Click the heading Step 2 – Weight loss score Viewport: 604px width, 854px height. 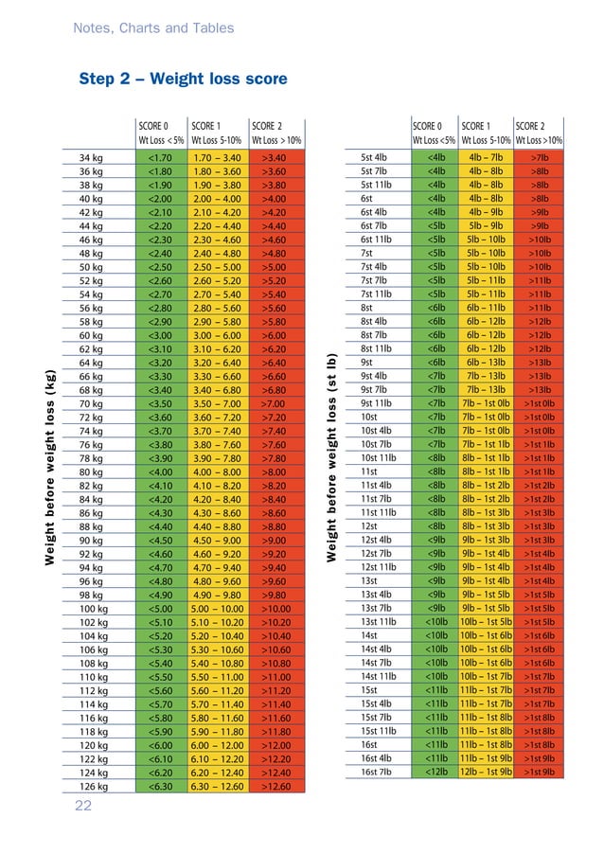point(183,80)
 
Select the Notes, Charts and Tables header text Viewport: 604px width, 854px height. point(153,27)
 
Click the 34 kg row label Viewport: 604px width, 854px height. point(91,157)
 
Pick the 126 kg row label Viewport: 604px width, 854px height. point(94,786)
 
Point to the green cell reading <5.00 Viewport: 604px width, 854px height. point(160,608)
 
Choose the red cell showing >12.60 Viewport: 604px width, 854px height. point(274,786)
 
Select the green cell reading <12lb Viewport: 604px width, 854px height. point(436,773)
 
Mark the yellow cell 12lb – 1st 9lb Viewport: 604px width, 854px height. point(485,773)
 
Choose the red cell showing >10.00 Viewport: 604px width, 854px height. point(274,608)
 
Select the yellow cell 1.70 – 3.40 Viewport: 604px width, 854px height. point(216,157)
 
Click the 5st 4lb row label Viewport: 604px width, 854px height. point(374,157)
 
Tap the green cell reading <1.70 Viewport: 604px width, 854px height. point(160,157)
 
